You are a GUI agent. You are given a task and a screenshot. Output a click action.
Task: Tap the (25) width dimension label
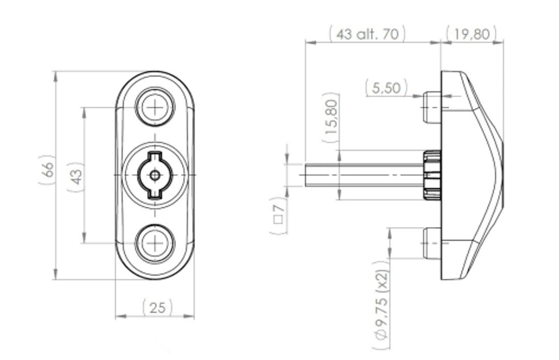point(157,308)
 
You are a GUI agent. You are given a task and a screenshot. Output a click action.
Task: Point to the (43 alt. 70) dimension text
point(367,35)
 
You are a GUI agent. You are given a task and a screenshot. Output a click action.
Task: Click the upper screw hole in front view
point(155,107)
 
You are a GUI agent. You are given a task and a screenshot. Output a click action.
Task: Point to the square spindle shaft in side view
point(362,175)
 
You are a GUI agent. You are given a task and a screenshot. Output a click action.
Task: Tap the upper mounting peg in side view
point(432,107)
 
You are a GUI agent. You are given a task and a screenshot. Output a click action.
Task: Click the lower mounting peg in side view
point(432,243)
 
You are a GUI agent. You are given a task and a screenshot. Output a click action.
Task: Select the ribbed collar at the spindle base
point(432,175)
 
